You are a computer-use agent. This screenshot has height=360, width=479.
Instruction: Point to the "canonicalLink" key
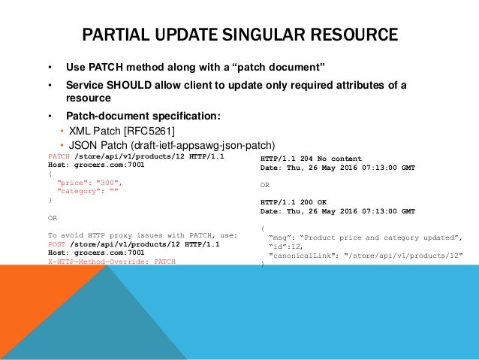pyautogui.click(x=301, y=255)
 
